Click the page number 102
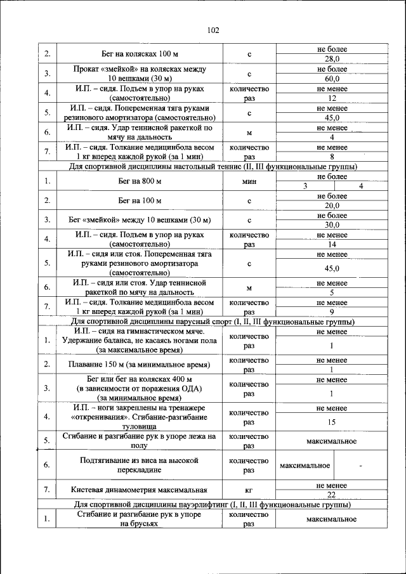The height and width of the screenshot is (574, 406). point(213,30)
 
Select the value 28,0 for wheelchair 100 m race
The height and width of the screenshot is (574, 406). point(332,59)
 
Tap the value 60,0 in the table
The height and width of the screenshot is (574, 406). point(332,79)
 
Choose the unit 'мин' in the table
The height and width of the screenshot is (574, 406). point(249,181)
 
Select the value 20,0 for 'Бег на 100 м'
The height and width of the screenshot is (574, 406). point(332,205)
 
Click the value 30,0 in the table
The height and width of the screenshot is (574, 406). point(332,225)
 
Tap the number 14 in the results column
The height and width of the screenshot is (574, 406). point(332,244)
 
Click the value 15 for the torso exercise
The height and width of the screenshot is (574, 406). point(332,422)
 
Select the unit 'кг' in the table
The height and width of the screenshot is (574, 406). point(249,490)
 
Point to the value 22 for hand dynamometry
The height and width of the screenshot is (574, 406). point(332,495)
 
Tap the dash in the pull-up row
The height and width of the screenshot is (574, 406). point(360,466)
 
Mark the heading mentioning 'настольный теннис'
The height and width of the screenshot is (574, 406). point(212,166)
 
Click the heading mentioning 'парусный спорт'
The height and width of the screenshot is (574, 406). point(212,322)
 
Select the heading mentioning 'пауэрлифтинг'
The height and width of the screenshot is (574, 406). point(212,505)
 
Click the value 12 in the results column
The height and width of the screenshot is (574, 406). point(332,98)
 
